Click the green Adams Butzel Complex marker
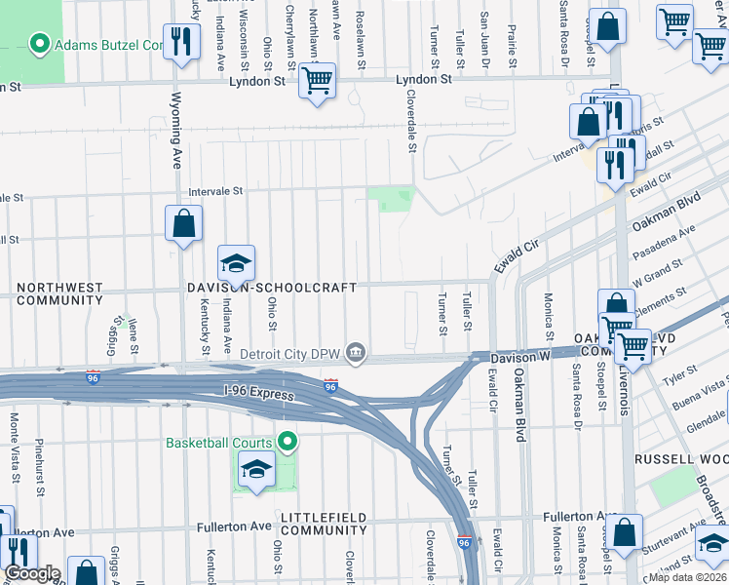click(40, 44)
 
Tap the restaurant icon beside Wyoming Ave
click(180, 41)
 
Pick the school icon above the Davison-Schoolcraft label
click(235, 264)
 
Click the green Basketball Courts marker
click(287, 443)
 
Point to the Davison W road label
click(520, 358)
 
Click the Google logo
click(32, 573)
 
